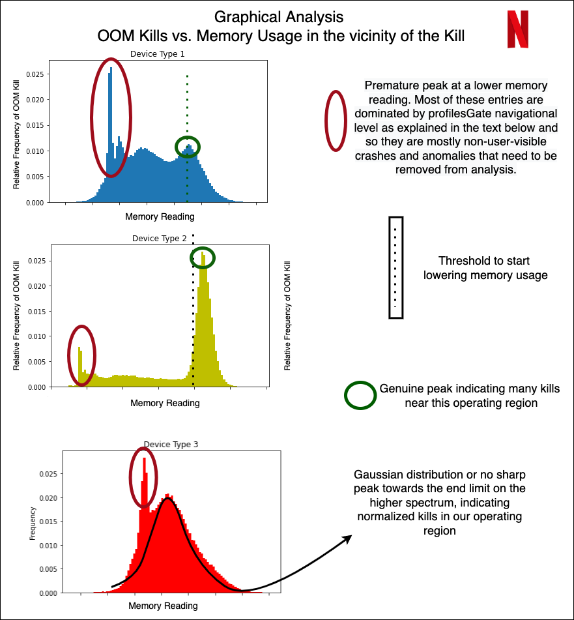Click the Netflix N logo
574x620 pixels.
[x=518, y=29]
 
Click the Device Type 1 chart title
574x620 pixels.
[x=157, y=53]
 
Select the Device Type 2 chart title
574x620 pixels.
[x=159, y=239]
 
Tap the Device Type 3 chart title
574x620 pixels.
[x=171, y=445]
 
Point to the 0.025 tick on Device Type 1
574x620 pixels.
[x=35, y=74]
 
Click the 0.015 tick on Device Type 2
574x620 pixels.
[x=36, y=312]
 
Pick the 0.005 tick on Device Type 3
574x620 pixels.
[x=48, y=569]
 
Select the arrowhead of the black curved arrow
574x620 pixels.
[x=347, y=539]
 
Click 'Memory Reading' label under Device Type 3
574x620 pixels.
[x=163, y=606]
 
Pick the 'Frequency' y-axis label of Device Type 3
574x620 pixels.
[x=33, y=524]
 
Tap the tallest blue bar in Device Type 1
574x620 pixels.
[x=111, y=135]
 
